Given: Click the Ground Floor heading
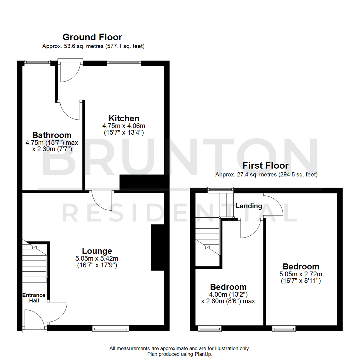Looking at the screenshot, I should [92, 37].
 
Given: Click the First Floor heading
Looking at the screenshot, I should [265, 165].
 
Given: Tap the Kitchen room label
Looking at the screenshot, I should [124, 118].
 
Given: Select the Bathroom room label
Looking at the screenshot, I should [52, 135].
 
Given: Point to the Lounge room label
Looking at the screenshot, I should [97, 251].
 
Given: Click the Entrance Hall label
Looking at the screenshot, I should [34, 298].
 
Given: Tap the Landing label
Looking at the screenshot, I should [249, 206].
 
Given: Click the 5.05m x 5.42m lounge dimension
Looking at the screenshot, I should [97, 258].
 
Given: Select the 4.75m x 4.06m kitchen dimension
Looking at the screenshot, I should [124, 126].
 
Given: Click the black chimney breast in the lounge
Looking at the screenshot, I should [158, 247].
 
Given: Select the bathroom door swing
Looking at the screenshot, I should [69, 110].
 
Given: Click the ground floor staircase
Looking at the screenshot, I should [34, 260].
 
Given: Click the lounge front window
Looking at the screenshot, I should [110, 329].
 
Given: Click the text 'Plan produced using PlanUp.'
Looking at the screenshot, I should [180, 354].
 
